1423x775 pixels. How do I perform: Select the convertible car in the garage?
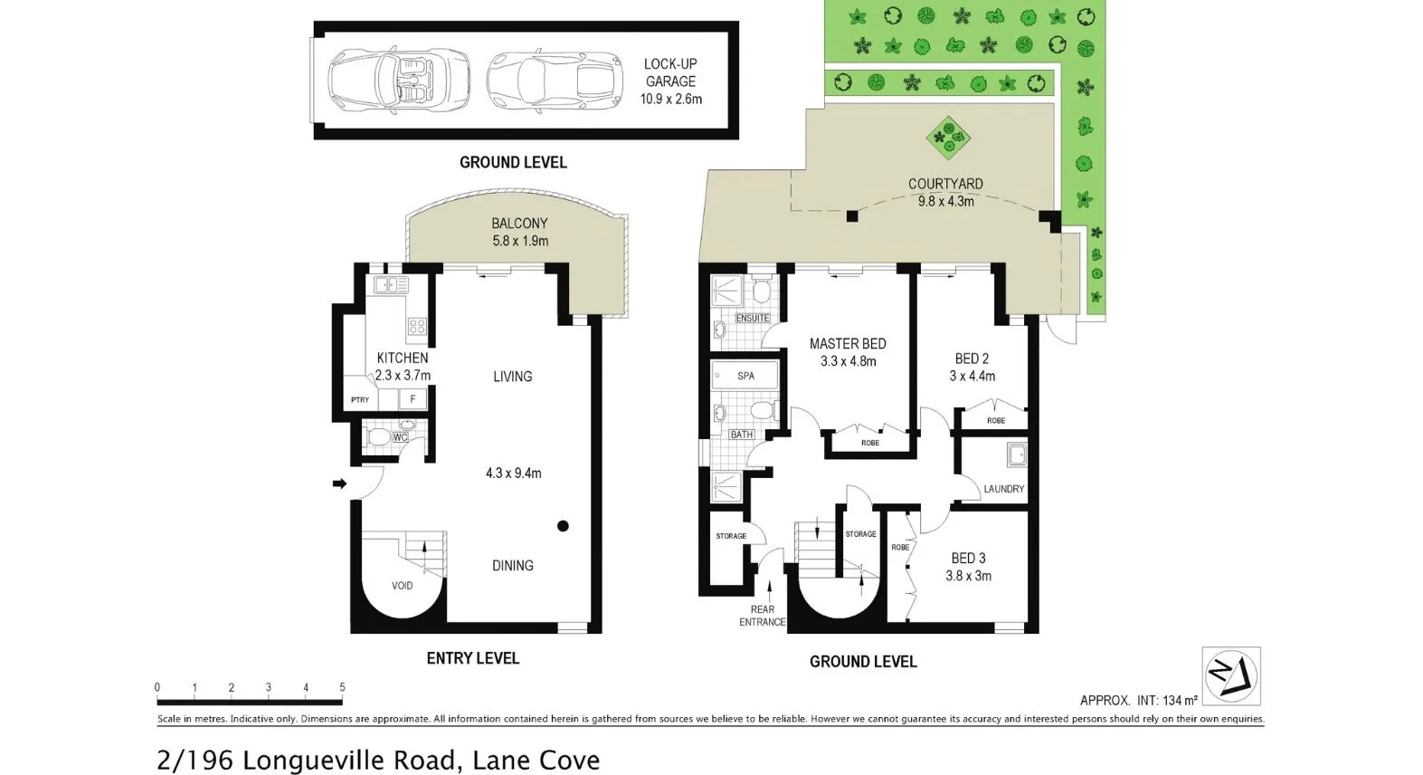[x=399, y=80]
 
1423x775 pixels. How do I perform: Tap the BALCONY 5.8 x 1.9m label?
[x=519, y=232]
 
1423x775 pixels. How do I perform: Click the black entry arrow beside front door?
[x=339, y=484]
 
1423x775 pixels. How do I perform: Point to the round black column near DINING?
[x=563, y=525]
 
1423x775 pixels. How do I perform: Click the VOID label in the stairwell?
[x=402, y=586]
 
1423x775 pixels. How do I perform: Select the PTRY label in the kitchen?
[x=359, y=399]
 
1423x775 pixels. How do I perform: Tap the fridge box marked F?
[x=413, y=398]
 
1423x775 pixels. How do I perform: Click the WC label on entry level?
[x=400, y=437]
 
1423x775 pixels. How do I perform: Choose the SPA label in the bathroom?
[x=745, y=375]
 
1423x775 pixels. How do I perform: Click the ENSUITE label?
[x=753, y=318]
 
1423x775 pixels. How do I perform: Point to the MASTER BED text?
[x=848, y=344]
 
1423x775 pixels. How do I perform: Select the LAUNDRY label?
[x=1004, y=489]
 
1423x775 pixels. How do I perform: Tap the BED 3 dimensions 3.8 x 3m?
[x=969, y=575]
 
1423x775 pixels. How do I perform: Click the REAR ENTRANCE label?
[x=763, y=616]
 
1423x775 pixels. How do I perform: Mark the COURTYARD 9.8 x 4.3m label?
[x=945, y=192]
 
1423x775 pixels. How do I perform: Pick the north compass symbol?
[x=1230, y=675]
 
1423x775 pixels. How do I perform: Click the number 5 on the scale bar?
[x=342, y=687]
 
